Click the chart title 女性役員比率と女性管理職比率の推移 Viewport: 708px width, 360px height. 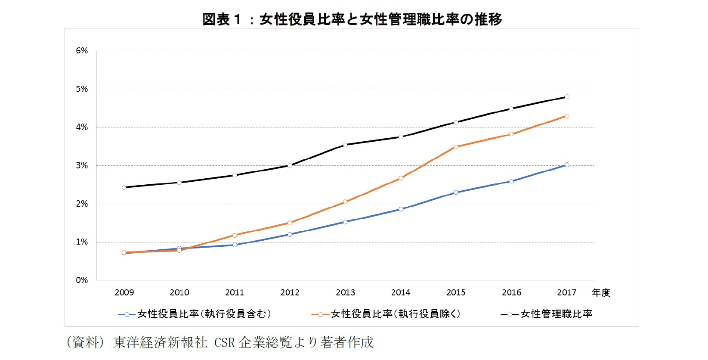pyautogui.click(x=352, y=19)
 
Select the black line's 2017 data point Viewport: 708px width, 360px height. pyautogui.click(x=567, y=97)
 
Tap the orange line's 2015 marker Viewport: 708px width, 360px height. pyautogui.click(x=456, y=147)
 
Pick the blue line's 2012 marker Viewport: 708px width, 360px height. pyautogui.click(x=290, y=235)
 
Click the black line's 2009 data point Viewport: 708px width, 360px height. pyautogui.click(x=124, y=187)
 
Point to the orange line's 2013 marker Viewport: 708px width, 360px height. pyautogui.click(x=345, y=202)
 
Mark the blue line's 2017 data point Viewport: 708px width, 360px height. pyautogui.click(x=567, y=165)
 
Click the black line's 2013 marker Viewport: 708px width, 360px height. pyautogui.click(x=345, y=145)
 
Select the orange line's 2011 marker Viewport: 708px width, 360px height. pyautogui.click(x=235, y=236)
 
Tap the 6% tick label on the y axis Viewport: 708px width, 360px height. pyautogui.click(x=82, y=51)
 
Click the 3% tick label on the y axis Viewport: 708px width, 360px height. pyautogui.click(x=82, y=165)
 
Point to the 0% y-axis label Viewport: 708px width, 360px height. pyautogui.click(x=82, y=280)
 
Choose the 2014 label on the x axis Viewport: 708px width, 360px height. pyautogui.click(x=401, y=293)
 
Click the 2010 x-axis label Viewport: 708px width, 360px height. pyautogui.click(x=179, y=293)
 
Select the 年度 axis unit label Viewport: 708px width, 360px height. pyautogui.click(x=601, y=293)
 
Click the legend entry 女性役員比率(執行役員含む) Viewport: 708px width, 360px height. pyautogui.click(x=204, y=314)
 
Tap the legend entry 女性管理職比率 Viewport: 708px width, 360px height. pyautogui.click(x=556, y=314)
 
